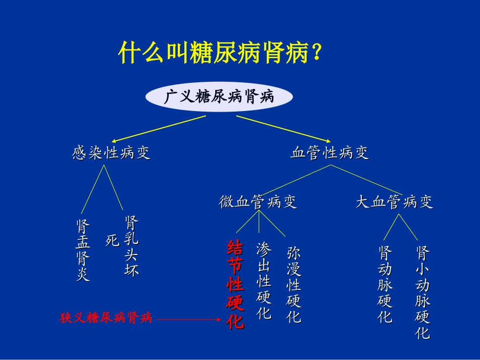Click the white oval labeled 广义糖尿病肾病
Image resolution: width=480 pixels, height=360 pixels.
[x=219, y=97]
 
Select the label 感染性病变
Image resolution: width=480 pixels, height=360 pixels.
[x=111, y=153]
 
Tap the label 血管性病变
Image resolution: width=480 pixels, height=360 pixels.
[x=329, y=153]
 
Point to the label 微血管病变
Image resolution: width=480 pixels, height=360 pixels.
[x=258, y=202]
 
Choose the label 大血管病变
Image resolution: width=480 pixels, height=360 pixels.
[x=394, y=202]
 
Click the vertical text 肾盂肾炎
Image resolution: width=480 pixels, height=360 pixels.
[x=83, y=250]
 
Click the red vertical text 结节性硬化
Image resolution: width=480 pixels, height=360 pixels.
[x=235, y=285]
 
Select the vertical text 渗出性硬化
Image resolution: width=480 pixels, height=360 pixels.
[x=264, y=281]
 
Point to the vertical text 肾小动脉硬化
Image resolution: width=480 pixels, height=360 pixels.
[x=422, y=292]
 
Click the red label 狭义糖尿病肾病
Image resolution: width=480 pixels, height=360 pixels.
[x=106, y=318]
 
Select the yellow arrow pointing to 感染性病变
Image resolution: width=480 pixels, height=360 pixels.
[x=159, y=128]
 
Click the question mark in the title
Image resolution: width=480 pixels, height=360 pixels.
[x=317, y=53]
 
